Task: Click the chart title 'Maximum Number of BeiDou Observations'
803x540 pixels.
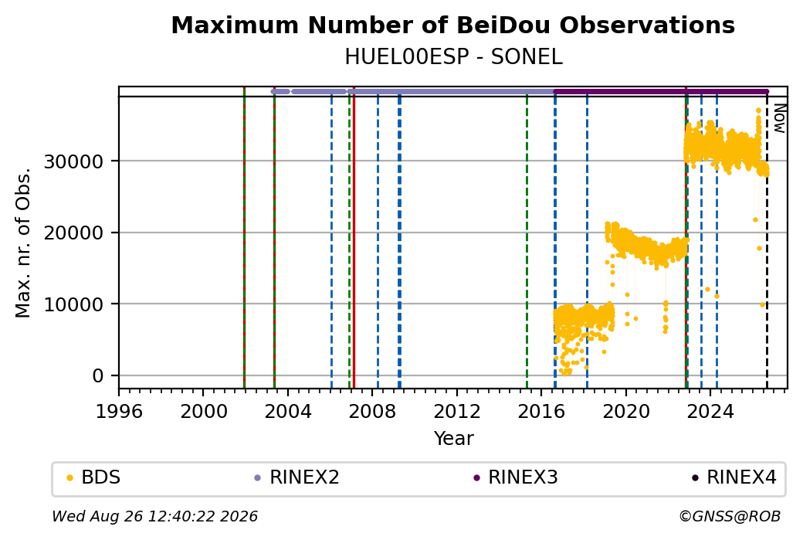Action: (x=452, y=25)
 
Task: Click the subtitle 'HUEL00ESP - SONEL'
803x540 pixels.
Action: (x=453, y=57)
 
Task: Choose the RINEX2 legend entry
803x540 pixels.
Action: (x=297, y=477)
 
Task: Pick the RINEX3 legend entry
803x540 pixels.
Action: (x=516, y=477)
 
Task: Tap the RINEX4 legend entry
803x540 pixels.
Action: (x=734, y=477)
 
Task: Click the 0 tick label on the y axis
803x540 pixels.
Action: (x=98, y=376)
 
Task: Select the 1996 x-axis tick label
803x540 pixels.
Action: (x=120, y=412)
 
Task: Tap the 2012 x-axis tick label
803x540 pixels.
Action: (x=457, y=412)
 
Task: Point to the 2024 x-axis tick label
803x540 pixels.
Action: (x=710, y=412)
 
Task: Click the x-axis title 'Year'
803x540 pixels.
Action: (x=454, y=439)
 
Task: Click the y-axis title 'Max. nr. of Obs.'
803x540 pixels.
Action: (x=23, y=243)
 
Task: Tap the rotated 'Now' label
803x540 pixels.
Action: (x=779, y=118)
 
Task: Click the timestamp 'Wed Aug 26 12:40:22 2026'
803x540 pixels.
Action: (x=155, y=516)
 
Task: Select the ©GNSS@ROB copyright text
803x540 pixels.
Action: (x=730, y=516)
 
